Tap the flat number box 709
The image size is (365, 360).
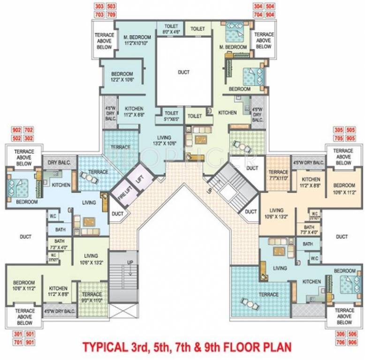[x=111, y=15]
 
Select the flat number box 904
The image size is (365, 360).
[x=270, y=15]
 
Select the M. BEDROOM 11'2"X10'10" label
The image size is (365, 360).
[x=137, y=40]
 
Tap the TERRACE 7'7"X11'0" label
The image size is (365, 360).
[x=278, y=175]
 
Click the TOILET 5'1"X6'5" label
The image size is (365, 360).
[x=171, y=116]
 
